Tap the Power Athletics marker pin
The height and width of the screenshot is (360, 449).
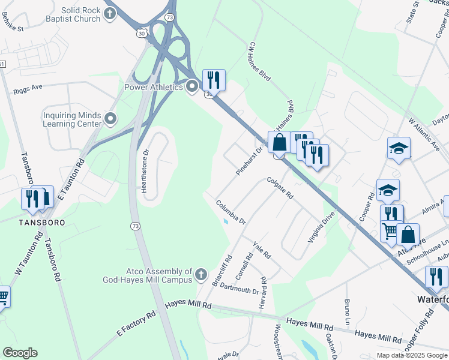tap(192, 88)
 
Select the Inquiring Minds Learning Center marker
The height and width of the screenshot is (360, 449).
tap(110, 119)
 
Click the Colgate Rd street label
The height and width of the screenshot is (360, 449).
tap(280, 188)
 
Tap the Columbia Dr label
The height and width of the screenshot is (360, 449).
tap(231, 212)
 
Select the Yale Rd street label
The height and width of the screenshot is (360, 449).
tap(262, 251)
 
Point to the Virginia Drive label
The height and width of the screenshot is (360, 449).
tap(321, 226)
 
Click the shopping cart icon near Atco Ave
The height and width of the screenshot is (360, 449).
tap(390, 230)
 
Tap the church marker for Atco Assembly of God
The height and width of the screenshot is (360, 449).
tap(200, 275)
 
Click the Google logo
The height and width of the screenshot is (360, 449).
tap(20, 353)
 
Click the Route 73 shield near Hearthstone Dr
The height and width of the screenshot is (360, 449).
tap(135, 226)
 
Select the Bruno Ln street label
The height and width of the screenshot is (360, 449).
tap(347, 310)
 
